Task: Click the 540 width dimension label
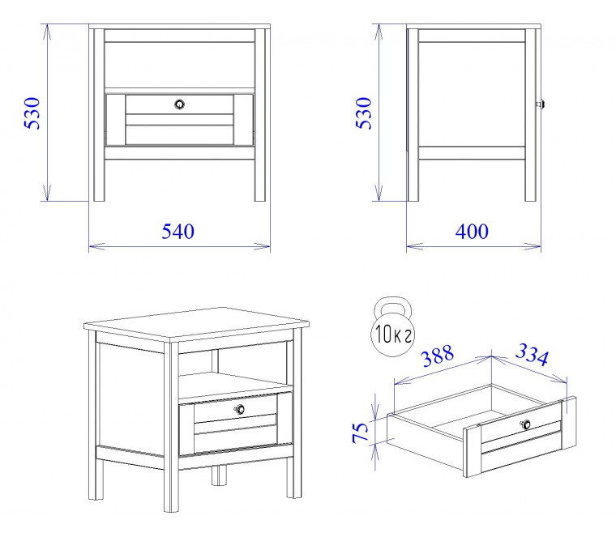click(x=178, y=232)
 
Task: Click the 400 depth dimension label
click(x=472, y=232)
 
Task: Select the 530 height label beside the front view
click(x=32, y=113)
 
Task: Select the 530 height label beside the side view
click(x=363, y=113)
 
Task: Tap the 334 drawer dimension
click(x=532, y=355)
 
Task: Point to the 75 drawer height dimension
click(x=361, y=433)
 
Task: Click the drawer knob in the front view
click(x=180, y=104)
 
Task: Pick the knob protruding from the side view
click(x=541, y=104)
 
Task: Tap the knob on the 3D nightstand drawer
click(x=240, y=409)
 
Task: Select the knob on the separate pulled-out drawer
click(x=526, y=424)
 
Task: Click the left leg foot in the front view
click(x=99, y=196)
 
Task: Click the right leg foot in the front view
click(x=259, y=196)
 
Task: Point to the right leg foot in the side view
click(x=530, y=196)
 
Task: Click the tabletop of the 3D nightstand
click(x=196, y=323)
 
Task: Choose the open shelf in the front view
click(x=180, y=65)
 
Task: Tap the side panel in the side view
click(x=472, y=94)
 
